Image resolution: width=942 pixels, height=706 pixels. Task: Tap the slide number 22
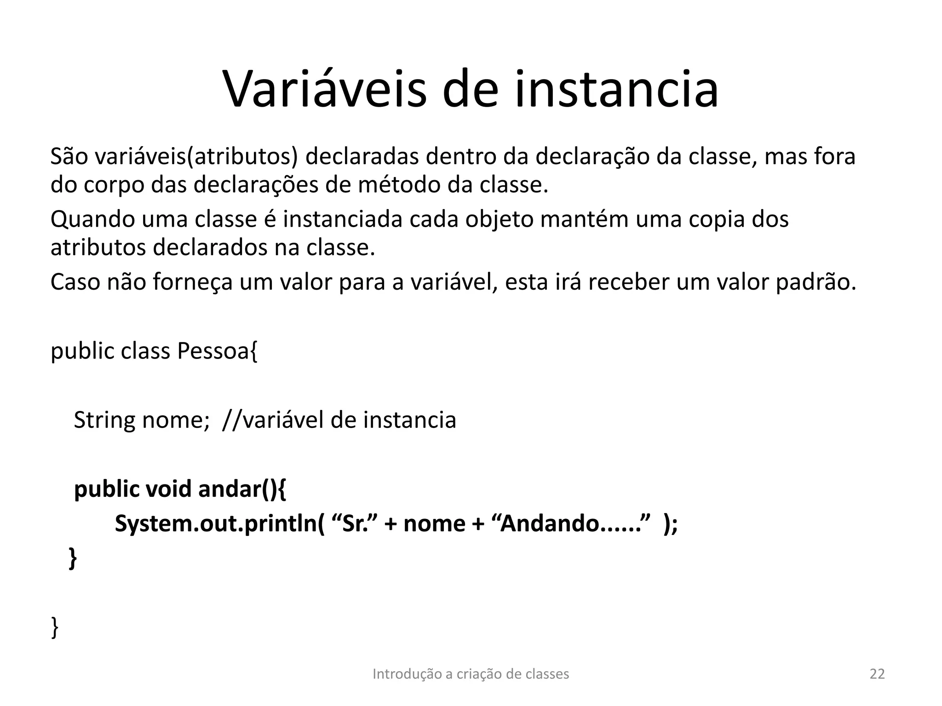click(877, 674)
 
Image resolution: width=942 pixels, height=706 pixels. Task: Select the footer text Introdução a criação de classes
click(471, 674)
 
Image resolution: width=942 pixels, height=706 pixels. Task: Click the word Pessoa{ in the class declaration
click(217, 351)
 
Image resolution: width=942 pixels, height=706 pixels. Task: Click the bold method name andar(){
click(242, 489)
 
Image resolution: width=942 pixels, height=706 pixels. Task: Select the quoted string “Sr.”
click(353, 523)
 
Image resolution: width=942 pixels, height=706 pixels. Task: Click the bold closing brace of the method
click(73, 558)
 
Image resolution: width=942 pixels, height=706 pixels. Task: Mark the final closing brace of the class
click(55, 627)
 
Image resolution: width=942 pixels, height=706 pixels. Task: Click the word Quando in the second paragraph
click(92, 219)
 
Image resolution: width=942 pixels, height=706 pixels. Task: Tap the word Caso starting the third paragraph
click(75, 282)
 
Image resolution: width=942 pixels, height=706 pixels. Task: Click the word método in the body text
click(398, 185)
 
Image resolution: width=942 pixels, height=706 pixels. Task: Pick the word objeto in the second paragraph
click(499, 219)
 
